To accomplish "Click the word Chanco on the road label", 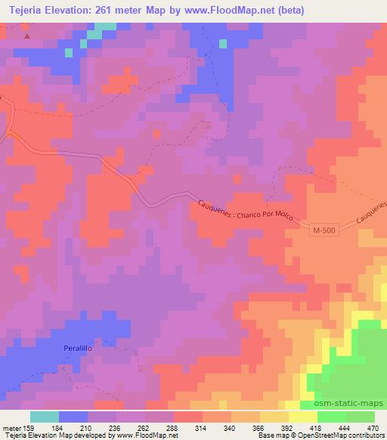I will (x=249, y=215).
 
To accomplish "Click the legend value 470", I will (x=373, y=427).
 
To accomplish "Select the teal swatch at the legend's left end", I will (x=45, y=417).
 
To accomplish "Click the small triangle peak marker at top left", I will (x=28, y=36).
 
